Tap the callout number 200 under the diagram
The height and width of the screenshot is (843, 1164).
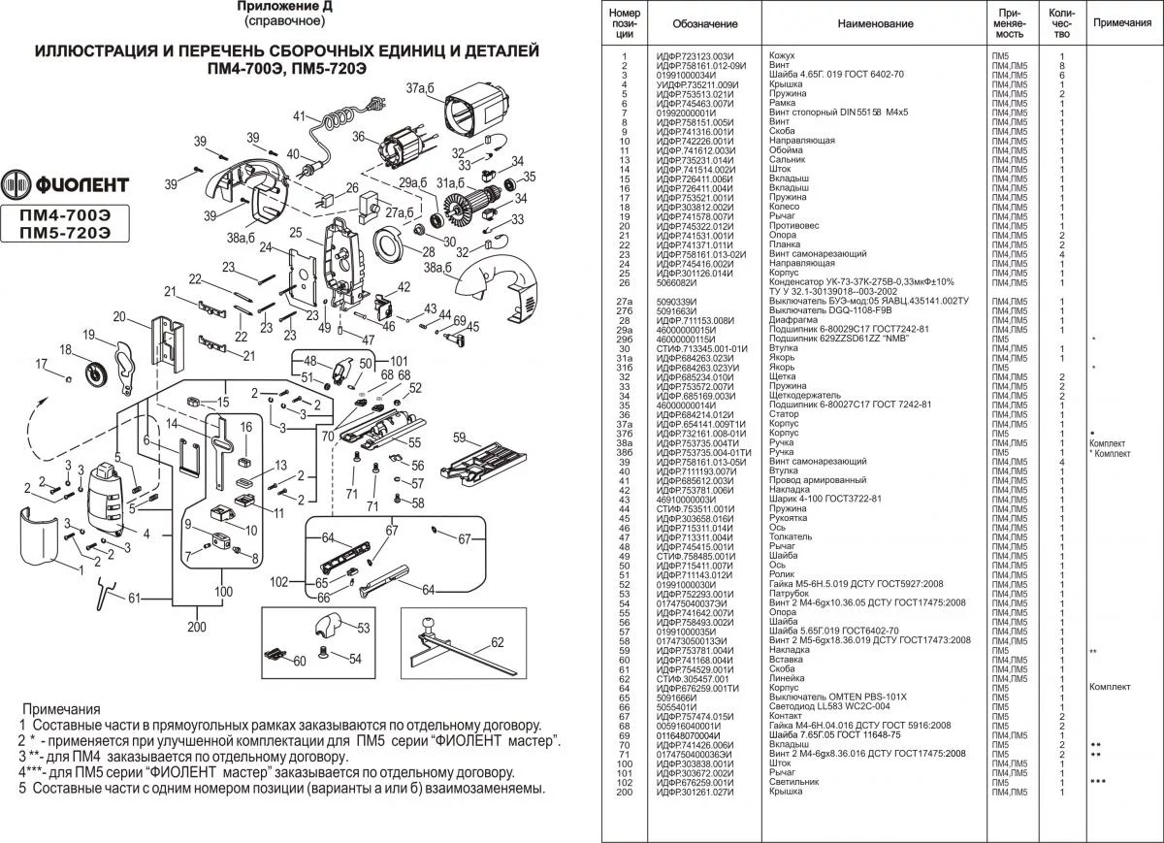[x=198, y=626]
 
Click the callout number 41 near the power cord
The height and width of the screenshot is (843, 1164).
[x=299, y=116]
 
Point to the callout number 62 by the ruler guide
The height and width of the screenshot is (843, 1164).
[x=497, y=642]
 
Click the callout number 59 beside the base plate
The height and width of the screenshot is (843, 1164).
[x=459, y=437]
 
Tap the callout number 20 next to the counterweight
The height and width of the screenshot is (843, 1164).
[x=120, y=316]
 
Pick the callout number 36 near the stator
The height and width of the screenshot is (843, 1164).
[x=359, y=136]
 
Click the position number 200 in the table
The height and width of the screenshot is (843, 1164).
[x=625, y=792]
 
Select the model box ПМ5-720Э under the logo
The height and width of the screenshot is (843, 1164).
[x=65, y=233]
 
